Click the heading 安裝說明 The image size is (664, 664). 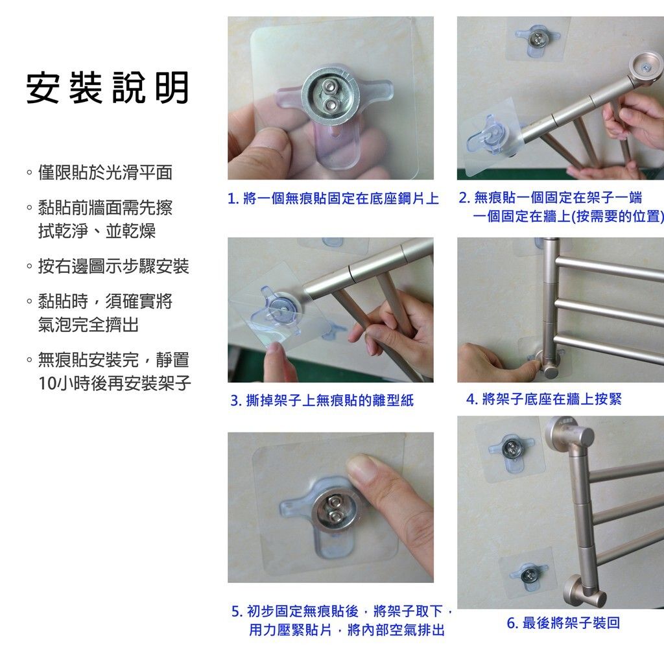(108, 88)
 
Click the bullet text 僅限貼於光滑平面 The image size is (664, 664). (104, 172)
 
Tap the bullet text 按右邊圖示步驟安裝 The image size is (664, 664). (113, 266)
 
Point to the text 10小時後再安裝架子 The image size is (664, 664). (115, 383)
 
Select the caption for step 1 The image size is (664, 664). (333, 198)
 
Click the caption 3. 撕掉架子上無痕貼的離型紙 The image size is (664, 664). (322, 401)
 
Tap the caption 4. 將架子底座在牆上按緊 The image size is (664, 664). (543, 399)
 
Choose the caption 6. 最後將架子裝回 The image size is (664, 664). (563, 623)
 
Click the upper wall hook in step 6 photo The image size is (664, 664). (511, 447)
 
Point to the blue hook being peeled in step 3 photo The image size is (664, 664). (277, 307)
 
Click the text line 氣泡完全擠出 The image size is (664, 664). (88, 325)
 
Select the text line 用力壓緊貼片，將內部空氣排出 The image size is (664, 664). (347, 630)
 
